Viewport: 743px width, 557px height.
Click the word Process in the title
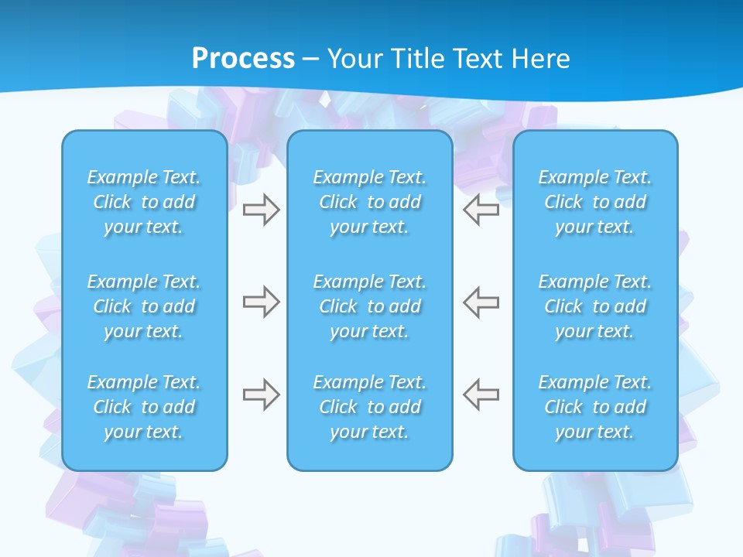243,58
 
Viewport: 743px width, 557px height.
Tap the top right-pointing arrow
261,210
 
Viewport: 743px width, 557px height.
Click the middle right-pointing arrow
261,302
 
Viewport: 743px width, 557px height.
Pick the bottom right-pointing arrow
261,395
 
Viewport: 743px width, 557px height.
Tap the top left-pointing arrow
481,210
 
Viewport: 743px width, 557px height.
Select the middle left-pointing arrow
481,302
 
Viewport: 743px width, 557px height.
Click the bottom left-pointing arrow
481,395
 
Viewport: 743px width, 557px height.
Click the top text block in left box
144,202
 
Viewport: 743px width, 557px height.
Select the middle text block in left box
144,306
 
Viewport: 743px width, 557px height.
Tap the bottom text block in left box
144,407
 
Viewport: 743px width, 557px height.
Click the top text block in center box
370,202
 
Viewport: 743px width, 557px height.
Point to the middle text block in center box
370,306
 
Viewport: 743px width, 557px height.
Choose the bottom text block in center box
370,407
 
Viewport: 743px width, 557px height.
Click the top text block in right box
595,202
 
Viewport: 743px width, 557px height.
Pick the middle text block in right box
595,306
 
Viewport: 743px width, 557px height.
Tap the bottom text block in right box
595,407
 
